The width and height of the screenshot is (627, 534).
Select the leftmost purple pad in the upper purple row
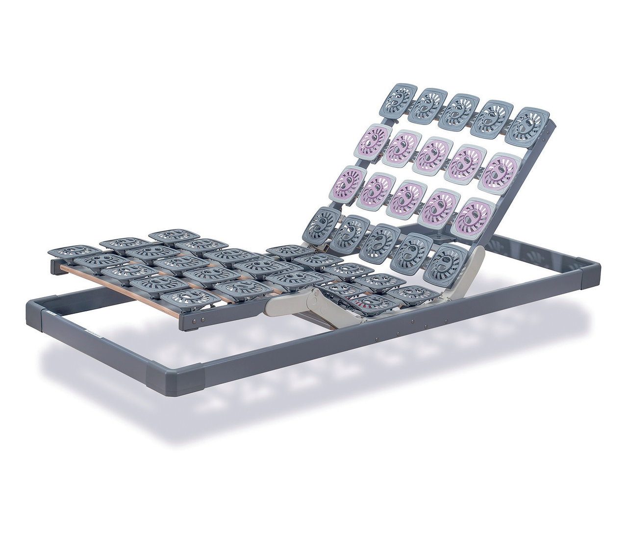coord(376,138)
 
